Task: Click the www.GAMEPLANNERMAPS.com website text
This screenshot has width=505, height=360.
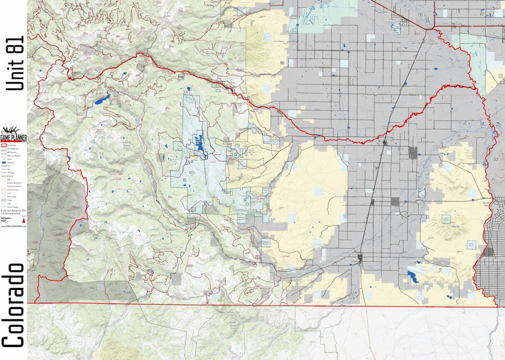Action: point(13,226)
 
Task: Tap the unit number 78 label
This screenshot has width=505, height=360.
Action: point(58,189)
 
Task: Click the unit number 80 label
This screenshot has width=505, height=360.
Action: point(282,63)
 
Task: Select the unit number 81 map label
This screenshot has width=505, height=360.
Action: point(184,180)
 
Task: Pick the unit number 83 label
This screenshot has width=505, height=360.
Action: point(495,159)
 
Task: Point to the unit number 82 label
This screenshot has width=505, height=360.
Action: point(482,14)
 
